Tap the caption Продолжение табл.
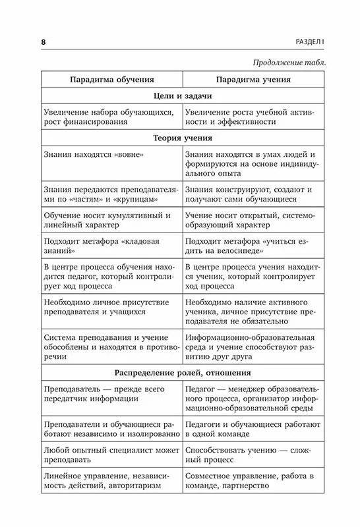[291, 63]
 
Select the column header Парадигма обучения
[111, 79]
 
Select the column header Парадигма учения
[254, 79]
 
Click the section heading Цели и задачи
[182, 96]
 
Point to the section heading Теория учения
[182, 139]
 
